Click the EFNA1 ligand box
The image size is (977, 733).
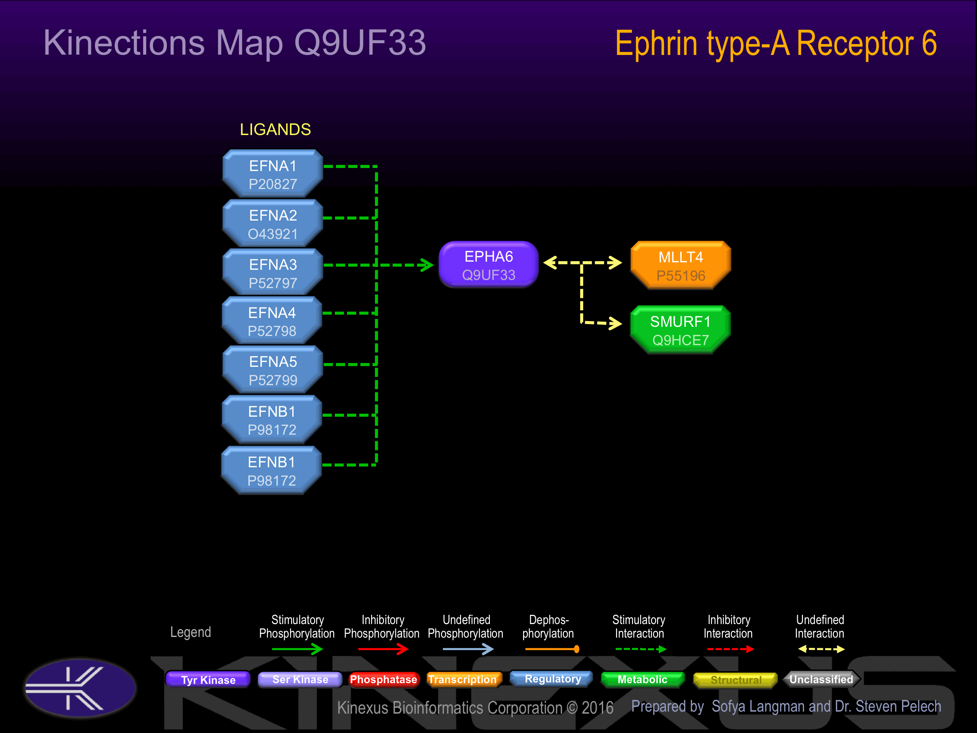pos(272,174)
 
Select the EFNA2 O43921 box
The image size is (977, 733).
pos(272,224)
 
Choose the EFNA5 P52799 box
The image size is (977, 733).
pos(272,370)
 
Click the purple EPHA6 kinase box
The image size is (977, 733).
pos(488,265)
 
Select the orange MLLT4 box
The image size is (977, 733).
pos(681,265)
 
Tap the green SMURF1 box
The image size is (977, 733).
pos(680,330)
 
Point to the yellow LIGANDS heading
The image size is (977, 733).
pos(275,129)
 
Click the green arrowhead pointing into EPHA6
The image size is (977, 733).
pos(427,265)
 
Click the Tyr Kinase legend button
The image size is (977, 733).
pos(208,679)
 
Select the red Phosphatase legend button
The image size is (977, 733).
pos(383,679)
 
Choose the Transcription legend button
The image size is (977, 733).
pos(463,679)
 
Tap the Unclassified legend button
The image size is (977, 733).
pos(821,679)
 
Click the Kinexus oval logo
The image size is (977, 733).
pos(80,688)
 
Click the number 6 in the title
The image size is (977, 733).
pos(929,43)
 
